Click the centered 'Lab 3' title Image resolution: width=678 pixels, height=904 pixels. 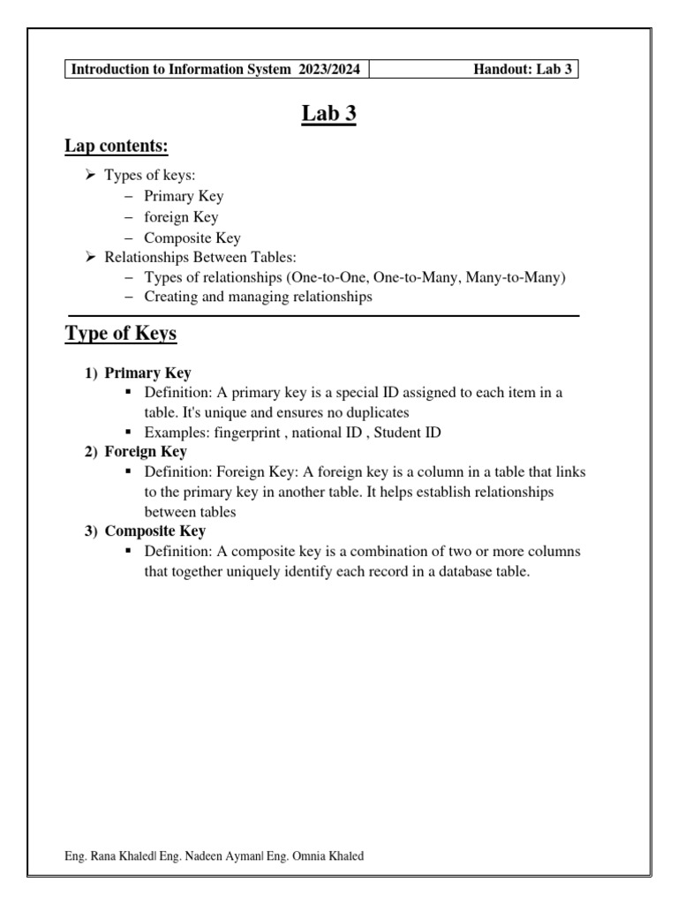coord(328,114)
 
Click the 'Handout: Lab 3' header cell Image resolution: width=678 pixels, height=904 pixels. coord(524,70)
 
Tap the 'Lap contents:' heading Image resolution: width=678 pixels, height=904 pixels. coord(117,146)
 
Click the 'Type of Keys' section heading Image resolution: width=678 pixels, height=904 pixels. coord(121,334)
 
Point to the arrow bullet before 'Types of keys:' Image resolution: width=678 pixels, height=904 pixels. coord(90,176)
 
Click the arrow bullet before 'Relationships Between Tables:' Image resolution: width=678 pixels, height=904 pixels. coord(90,257)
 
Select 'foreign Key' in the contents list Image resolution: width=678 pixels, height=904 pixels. coord(181,216)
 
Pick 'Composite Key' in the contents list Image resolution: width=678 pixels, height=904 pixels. coord(192,237)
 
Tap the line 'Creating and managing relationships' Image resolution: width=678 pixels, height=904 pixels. coord(258,298)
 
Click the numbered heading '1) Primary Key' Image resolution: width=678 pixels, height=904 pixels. coord(139,373)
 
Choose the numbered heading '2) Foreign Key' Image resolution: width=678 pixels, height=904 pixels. coord(136,452)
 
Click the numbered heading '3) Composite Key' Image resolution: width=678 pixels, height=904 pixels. coord(146,531)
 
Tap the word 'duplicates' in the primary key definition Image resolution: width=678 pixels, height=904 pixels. coord(377,412)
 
